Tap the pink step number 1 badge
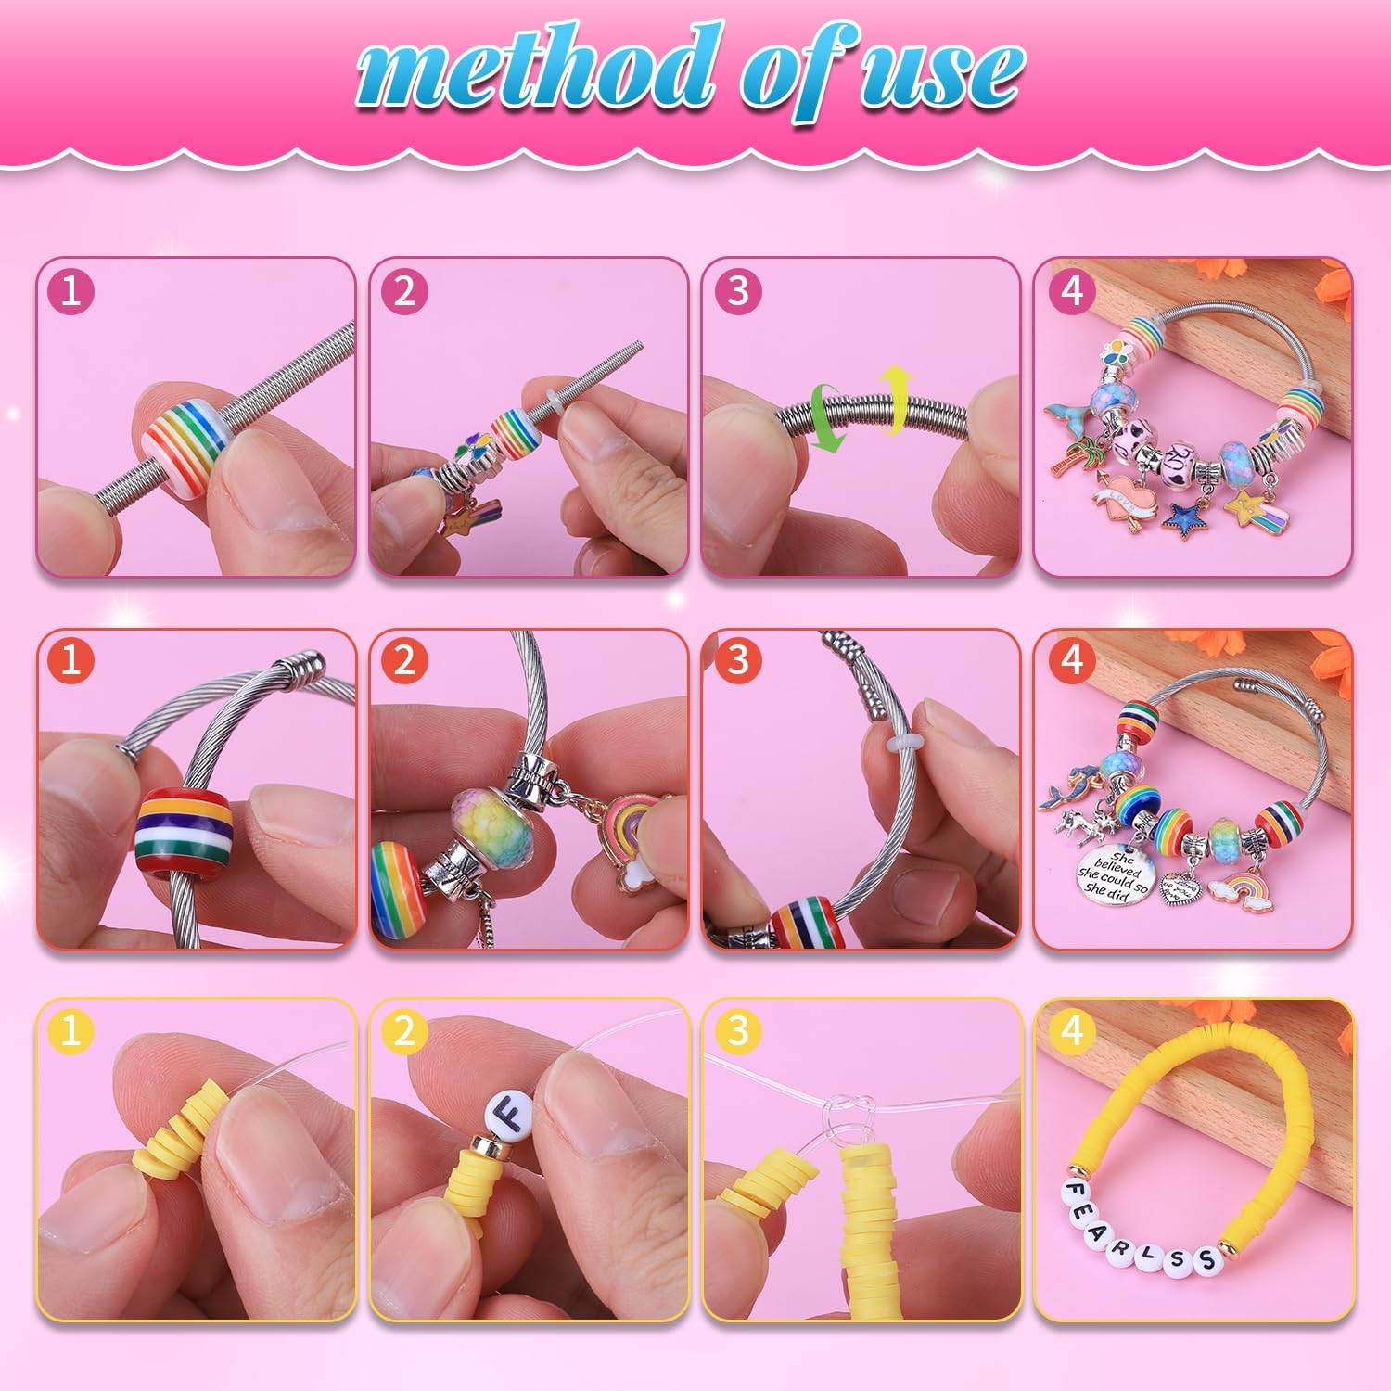70,291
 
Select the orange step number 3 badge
738,660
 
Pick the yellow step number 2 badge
404,1030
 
